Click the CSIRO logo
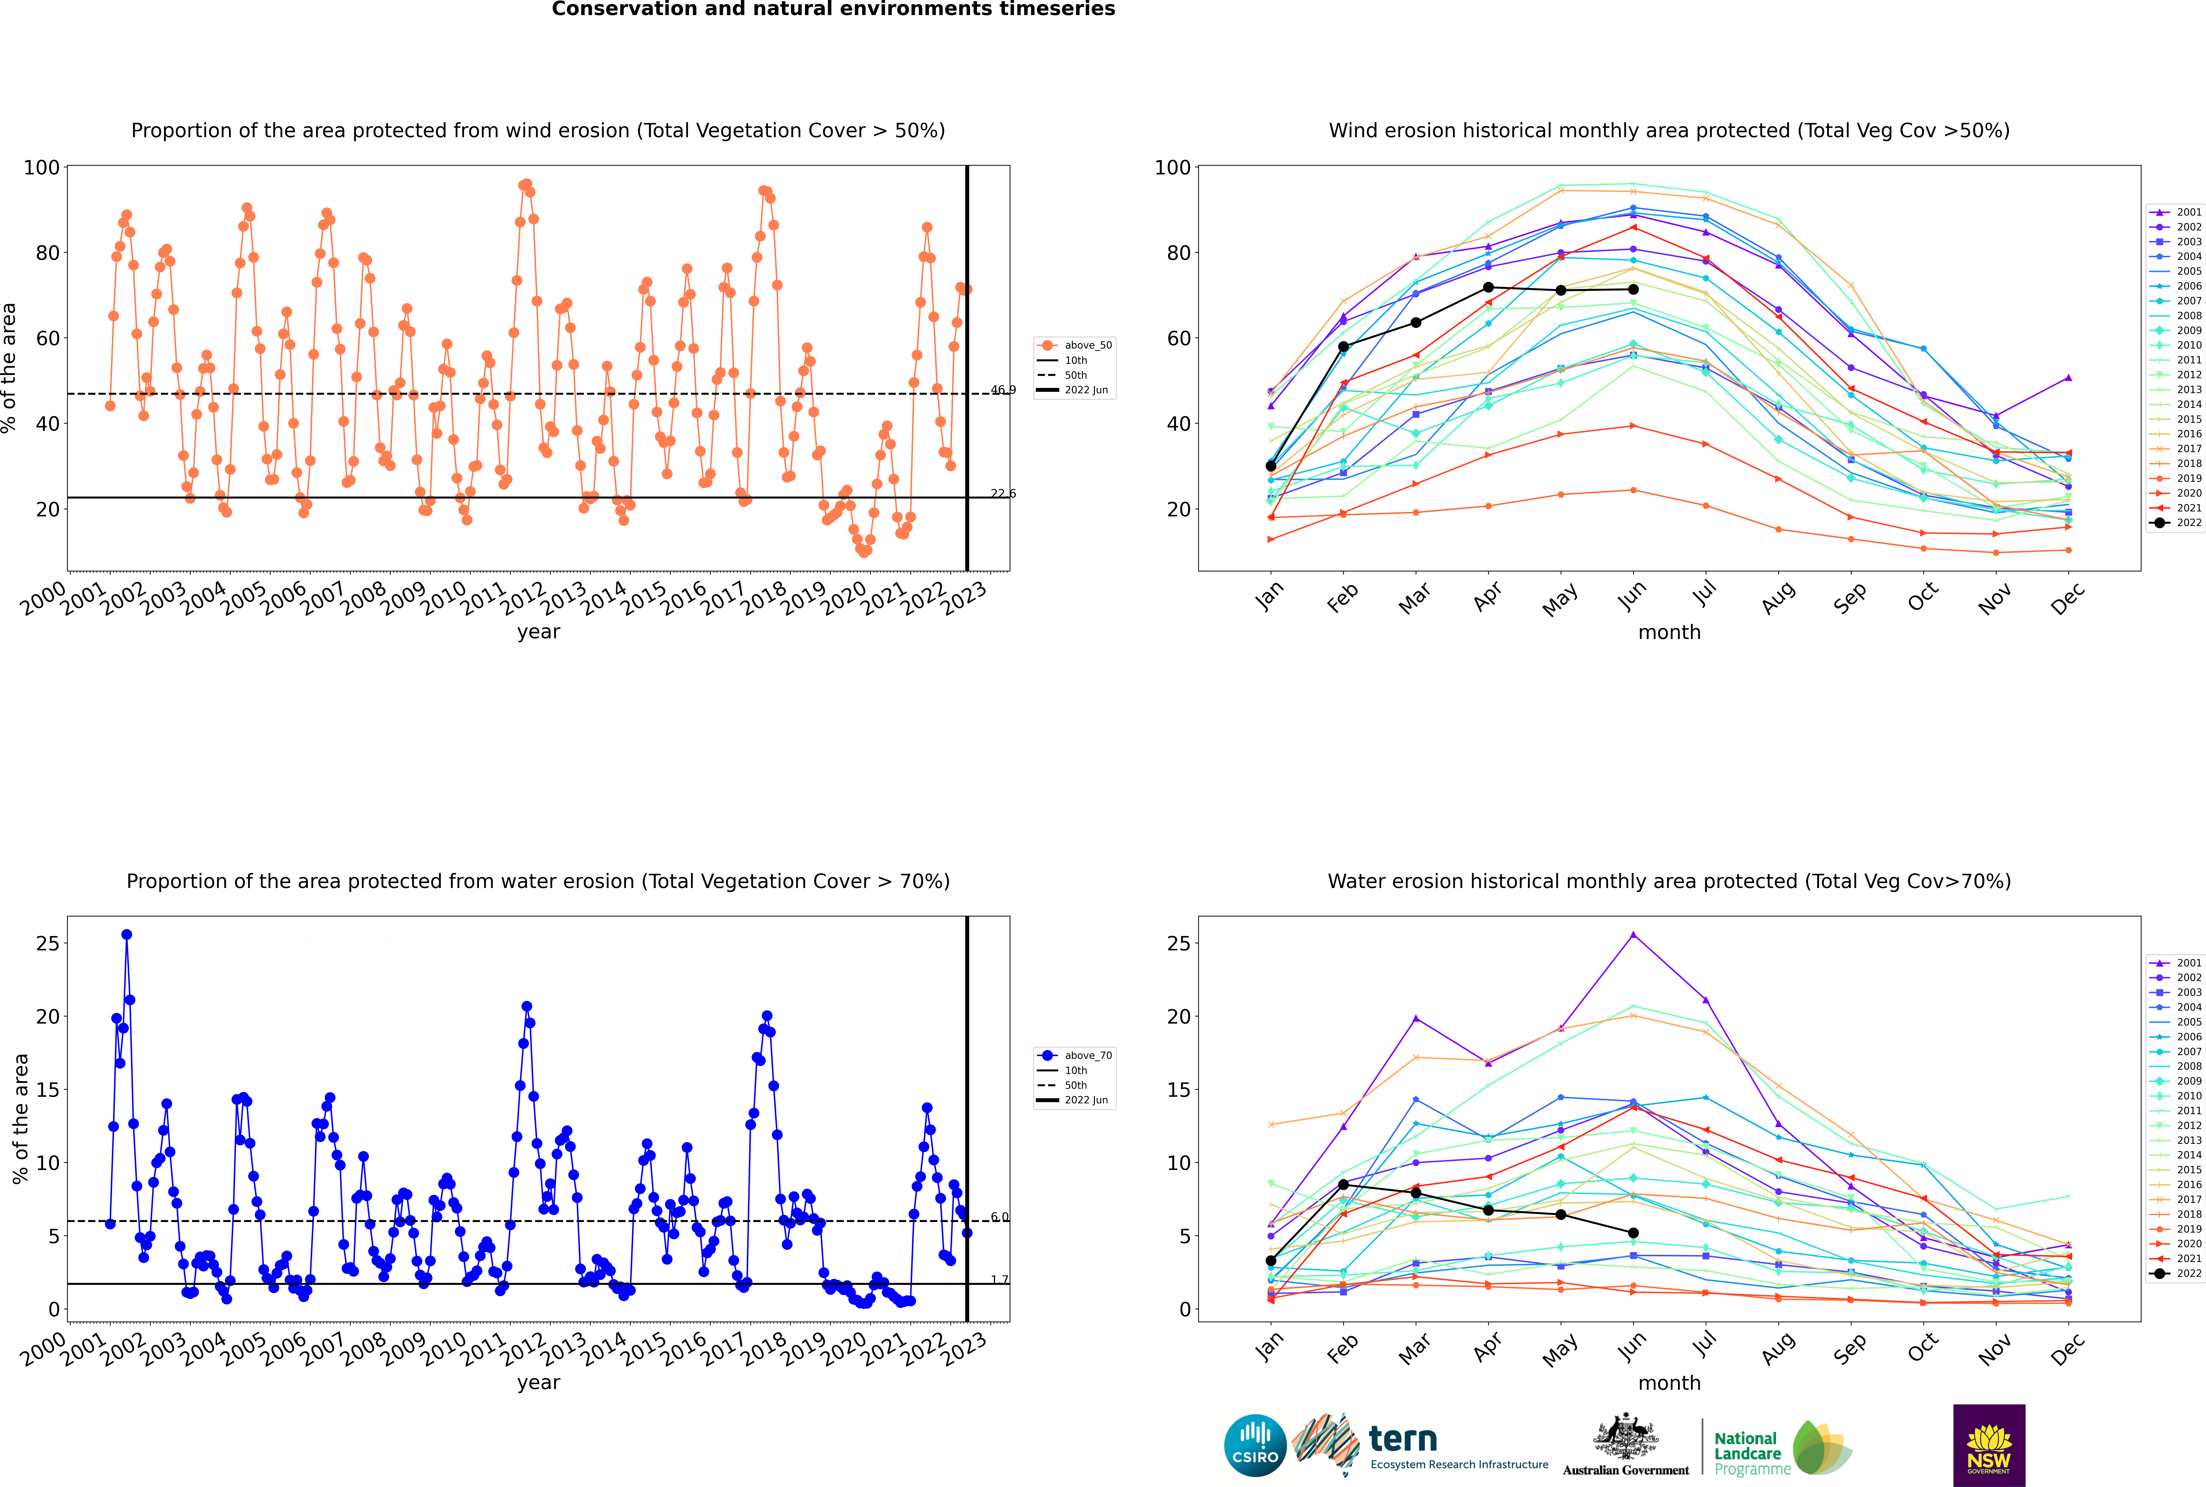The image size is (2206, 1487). tap(1255, 1445)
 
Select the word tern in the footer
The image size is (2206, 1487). tap(1403, 1440)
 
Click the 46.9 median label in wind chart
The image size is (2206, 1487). tap(1002, 390)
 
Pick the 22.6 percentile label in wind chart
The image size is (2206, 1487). tap(1002, 493)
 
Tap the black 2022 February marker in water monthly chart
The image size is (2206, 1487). tap(1343, 1185)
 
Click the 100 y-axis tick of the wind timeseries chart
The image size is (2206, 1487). tap(42, 168)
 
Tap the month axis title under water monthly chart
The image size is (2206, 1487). tap(1669, 1383)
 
